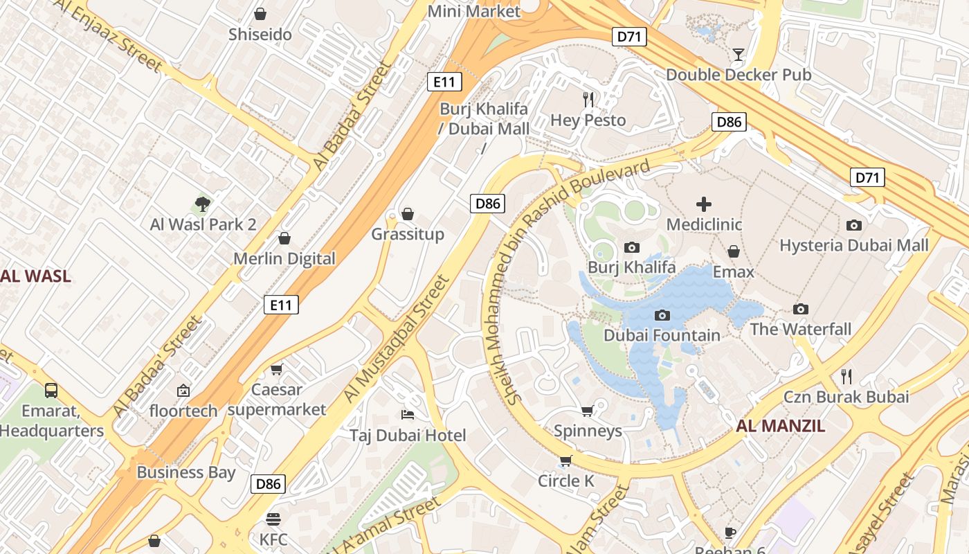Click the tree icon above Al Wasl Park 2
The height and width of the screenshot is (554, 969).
(203, 204)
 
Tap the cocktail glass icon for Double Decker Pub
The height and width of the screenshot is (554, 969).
(739, 54)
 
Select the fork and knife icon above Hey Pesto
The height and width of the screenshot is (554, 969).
(588, 100)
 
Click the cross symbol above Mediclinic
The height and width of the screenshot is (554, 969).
(704, 204)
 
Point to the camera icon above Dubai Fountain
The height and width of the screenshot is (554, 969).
(662, 316)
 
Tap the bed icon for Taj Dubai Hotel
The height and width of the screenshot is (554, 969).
(408, 415)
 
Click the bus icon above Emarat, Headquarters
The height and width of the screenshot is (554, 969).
(51, 391)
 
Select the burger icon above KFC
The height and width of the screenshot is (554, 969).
(273, 519)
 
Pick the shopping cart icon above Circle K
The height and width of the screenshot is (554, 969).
(566, 461)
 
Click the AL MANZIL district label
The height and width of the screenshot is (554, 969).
(781, 426)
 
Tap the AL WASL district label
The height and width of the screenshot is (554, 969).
(35, 276)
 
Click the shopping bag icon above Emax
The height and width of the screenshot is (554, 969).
(734, 251)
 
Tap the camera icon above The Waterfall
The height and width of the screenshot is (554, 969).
(801, 309)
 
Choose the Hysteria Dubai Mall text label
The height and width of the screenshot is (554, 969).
(854, 245)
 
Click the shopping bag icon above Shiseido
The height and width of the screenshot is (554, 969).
(260, 14)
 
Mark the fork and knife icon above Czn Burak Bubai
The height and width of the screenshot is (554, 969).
(846, 377)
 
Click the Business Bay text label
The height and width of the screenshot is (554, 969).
(186, 472)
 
